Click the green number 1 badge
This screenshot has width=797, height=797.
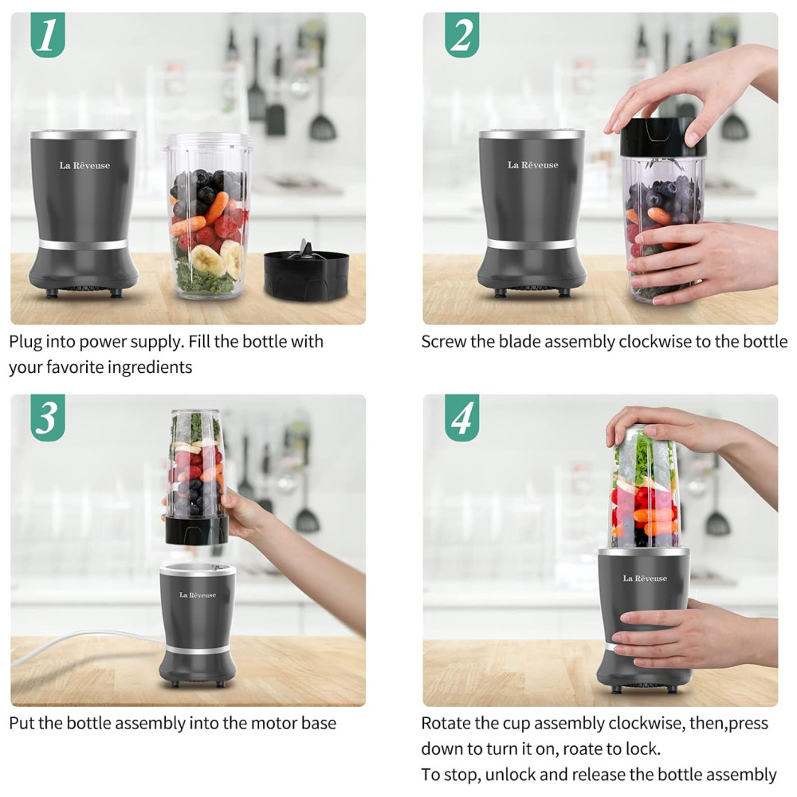tap(48, 34)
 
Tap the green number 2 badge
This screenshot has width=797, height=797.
tap(462, 34)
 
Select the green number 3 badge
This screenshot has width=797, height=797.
tap(48, 418)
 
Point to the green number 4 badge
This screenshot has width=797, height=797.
tap(462, 418)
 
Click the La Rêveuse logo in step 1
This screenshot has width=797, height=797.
tap(84, 165)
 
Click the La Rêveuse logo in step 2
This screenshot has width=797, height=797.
tap(532, 165)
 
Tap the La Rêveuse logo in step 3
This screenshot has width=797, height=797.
tap(198, 595)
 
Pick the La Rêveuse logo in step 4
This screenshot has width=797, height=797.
tap(645, 578)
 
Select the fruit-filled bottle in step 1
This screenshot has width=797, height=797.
tap(208, 216)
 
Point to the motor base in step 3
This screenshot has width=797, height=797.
tap(198, 625)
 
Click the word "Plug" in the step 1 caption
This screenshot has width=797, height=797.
tap(26, 342)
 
